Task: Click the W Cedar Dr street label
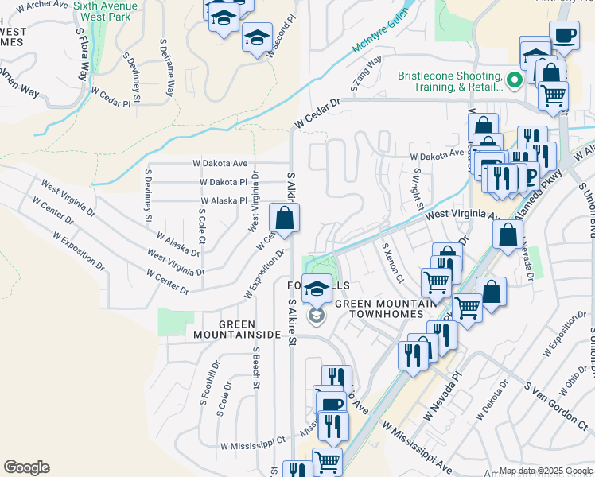click(316, 114)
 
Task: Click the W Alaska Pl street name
click(224, 201)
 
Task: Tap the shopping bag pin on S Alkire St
click(285, 218)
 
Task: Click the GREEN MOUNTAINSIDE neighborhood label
click(237, 329)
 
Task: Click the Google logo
click(26, 467)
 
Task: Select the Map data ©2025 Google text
click(546, 470)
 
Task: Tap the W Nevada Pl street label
click(442, 399)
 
